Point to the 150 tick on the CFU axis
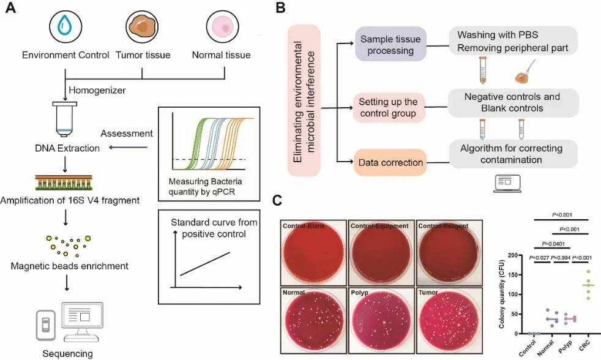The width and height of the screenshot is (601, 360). [520, 275]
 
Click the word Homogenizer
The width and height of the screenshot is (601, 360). [98, 90]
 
